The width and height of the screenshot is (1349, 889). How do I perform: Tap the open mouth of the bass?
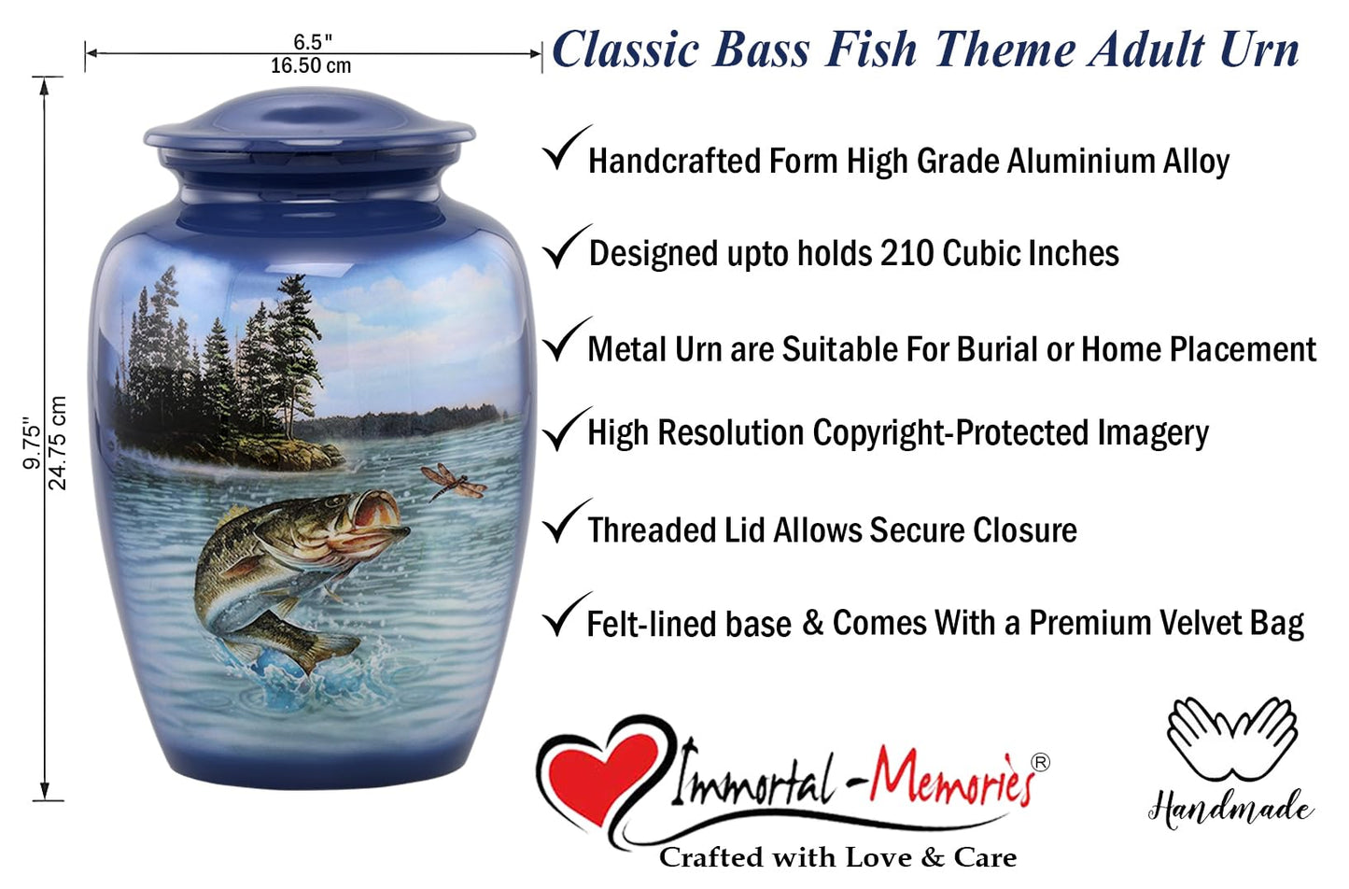pyautogui.click(x=377, y=512)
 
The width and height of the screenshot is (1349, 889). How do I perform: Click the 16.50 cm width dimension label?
pyautogui.click(x=311, y=66)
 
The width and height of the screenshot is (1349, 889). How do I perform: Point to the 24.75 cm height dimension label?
pyautogui.click(x=58, y=443)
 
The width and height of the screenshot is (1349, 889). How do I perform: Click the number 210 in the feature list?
pyautogui.click(x=907, y=253)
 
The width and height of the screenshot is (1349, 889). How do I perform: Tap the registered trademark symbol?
pyautogui.click(x=1040, y=762)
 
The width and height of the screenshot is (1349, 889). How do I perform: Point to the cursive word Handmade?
pyautogui.click(x=1230, y=808)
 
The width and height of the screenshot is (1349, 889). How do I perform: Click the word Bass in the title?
pyautogui.click(x=761, y=49)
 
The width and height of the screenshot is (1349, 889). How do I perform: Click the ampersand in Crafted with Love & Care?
pyautogui.click(x=933, y=857)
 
